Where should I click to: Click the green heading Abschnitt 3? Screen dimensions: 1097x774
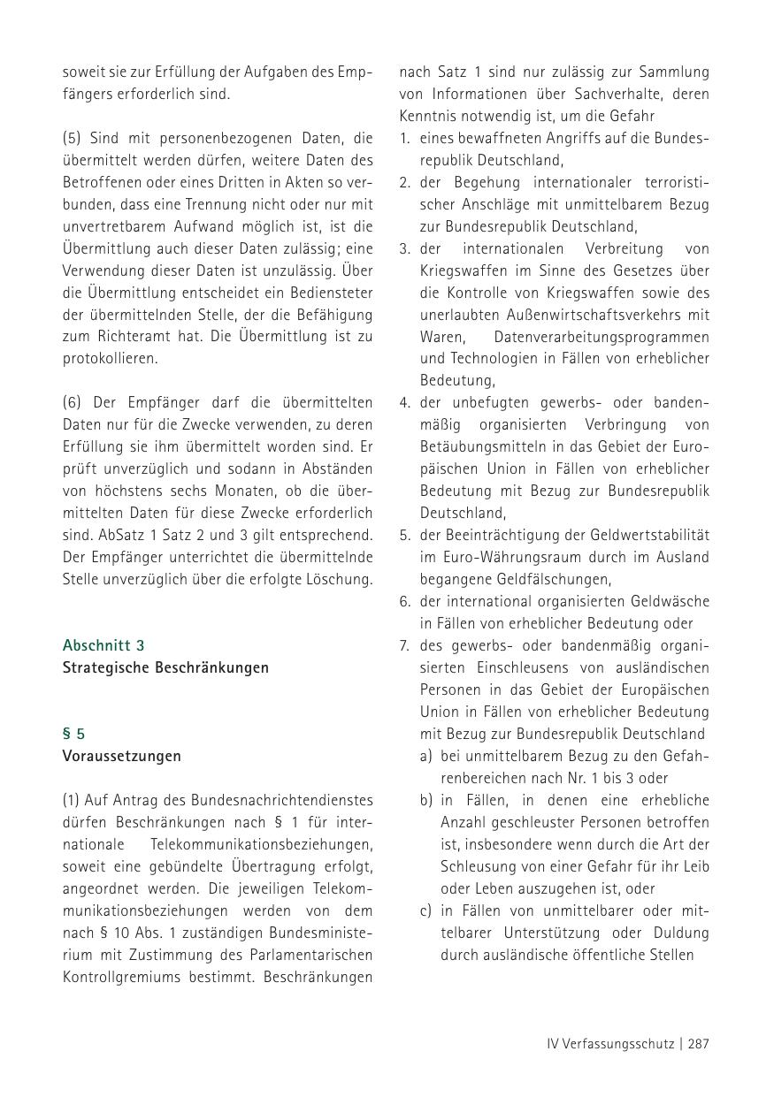coord(103,645)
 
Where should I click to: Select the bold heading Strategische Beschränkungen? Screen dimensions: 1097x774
coord(165,667)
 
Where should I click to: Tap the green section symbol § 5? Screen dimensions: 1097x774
coord(73,734)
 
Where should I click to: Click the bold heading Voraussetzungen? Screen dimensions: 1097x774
coord(121,756)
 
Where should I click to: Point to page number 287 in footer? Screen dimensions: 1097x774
coord(698,1043)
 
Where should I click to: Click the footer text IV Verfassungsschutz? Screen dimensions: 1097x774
coord(610,1043)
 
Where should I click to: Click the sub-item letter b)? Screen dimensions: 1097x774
coord(426,800)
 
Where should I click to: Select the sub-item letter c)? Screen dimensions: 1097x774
coord(426,910)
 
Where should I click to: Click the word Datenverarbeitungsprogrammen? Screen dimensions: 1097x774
coord(602,337)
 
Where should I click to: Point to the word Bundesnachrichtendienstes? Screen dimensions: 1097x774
coord(280,800)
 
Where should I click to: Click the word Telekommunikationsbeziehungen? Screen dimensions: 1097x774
coord(262,844)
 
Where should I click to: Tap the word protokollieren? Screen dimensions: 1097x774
coord(111,359)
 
